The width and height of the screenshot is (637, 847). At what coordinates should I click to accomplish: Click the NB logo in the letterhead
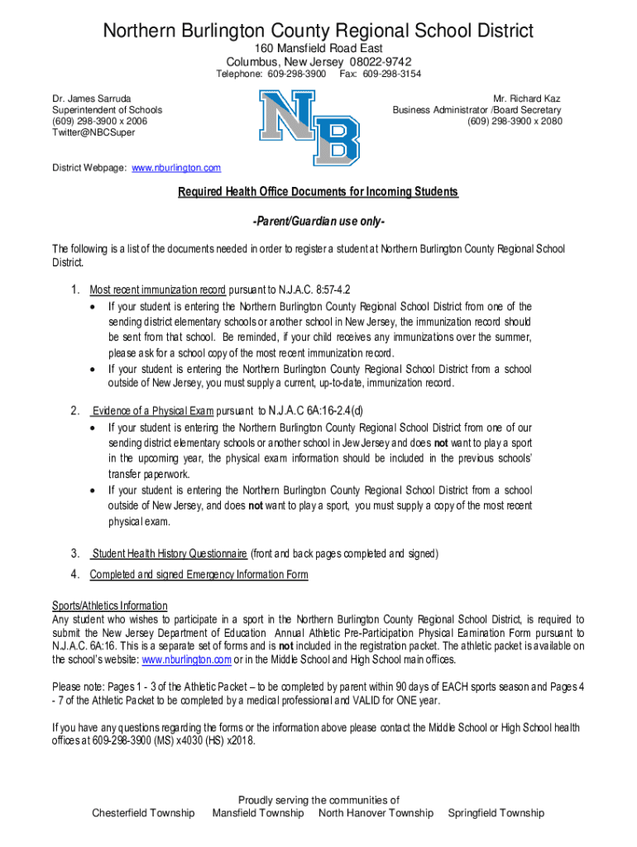(x=310, y=127)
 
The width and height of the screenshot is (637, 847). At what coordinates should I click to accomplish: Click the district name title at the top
(x=318, y=31)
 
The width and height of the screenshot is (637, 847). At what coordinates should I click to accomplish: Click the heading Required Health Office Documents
(x=318, y=193)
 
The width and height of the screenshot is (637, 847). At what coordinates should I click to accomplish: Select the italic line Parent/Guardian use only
(x=318, y=224)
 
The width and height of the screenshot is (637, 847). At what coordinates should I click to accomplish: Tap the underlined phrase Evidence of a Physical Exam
(x=153, y=410)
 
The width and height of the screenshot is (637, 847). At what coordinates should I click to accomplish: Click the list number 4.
(x=74, y=575)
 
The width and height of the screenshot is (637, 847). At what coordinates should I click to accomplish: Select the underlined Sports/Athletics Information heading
(x=110, y=606)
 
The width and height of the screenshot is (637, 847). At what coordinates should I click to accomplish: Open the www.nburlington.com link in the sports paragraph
(x=186, y=660)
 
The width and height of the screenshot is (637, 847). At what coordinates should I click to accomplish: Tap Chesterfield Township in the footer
(x=143, y=813)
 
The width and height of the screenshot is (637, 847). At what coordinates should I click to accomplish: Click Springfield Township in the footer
(x=496, y=813)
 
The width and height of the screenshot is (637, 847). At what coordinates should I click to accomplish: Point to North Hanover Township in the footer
(x=376, y=813)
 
